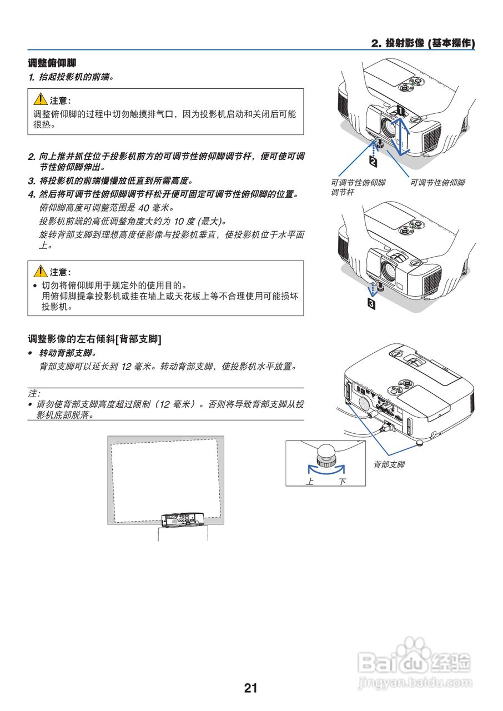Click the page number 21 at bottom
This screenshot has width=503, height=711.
[x=251, y=688]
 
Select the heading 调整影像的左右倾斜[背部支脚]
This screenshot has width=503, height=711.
[x=94, y=338]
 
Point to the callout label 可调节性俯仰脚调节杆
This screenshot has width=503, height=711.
[x=358, y=187]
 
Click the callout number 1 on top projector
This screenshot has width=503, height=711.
[x=401, y=111]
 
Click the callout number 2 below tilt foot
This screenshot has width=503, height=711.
[x=373, y=162]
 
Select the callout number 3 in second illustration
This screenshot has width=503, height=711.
[x=371, y=304]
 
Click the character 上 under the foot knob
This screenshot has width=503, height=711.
[x=310, y=481]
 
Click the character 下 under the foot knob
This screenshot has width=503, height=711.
[x=342, y=481]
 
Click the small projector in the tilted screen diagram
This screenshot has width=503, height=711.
[x=182, y=520]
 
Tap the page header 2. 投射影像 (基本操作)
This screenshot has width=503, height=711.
[x=422, y=43]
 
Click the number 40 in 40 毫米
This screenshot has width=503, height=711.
[x=143, y=208]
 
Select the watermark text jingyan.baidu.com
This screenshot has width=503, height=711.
[x=415, y=682]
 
